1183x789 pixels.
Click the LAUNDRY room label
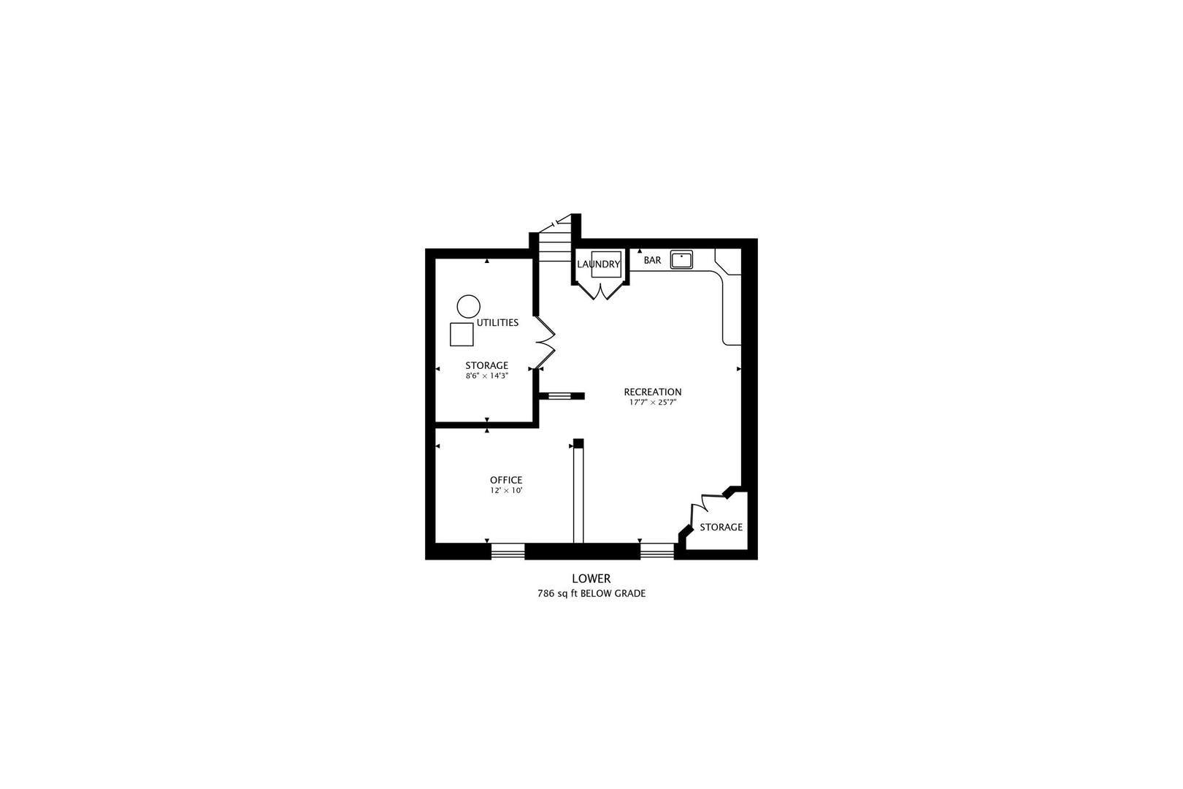click(599, 264)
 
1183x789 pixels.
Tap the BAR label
click(652, 260)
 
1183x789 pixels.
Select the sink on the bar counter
click(681, 259)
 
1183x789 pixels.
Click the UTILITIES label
click(497, 322)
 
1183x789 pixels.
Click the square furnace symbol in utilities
click(462, 334)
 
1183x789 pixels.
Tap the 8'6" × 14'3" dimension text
click(487, 376)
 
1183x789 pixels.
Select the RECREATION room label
click(653, 392)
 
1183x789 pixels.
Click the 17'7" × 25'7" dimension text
click(653, 403)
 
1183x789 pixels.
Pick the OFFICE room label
click(506, 480)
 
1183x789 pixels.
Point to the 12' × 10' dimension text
click(506, 491)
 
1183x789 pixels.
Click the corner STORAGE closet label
click(721, 527)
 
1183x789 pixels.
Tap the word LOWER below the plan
click(591, 579)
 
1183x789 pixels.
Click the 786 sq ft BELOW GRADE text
click(591, 594)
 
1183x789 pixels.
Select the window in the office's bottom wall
click(508, 552)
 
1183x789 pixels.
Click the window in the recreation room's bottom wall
click(657, 552)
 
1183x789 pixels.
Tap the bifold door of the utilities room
click(545, 342)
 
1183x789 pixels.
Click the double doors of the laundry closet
click(600, 291)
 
